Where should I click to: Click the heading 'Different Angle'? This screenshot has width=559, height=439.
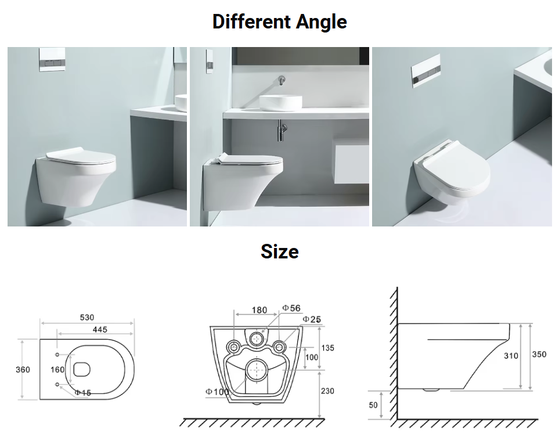280,21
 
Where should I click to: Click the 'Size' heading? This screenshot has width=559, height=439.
280,251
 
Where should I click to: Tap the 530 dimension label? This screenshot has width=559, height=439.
87,318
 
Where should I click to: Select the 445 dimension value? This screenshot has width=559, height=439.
100,329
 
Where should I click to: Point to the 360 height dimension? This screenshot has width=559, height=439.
23,370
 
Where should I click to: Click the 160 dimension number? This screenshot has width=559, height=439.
57,370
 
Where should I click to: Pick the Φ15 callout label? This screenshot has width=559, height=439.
82,393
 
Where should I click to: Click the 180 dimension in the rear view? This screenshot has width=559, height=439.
259,310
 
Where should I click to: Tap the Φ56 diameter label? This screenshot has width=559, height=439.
291,308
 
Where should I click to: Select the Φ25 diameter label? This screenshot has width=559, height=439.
312,319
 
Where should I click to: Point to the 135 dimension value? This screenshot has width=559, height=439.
327,348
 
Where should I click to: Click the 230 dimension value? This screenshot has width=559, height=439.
327,391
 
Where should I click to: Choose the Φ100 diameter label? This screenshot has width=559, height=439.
218,391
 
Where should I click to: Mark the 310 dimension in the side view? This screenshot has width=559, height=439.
511,355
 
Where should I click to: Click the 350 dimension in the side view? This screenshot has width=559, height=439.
539,354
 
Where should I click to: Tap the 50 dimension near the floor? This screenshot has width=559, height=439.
373,405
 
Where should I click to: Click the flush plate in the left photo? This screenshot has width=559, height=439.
52,59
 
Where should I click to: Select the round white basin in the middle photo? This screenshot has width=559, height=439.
280,103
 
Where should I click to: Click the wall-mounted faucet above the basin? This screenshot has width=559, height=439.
282,80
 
